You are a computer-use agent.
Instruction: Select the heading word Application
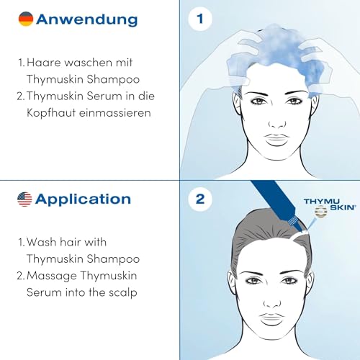tap(83, 199)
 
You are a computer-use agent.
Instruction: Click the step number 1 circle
tap(199, 19)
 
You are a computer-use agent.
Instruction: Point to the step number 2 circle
tap(199, 199)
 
